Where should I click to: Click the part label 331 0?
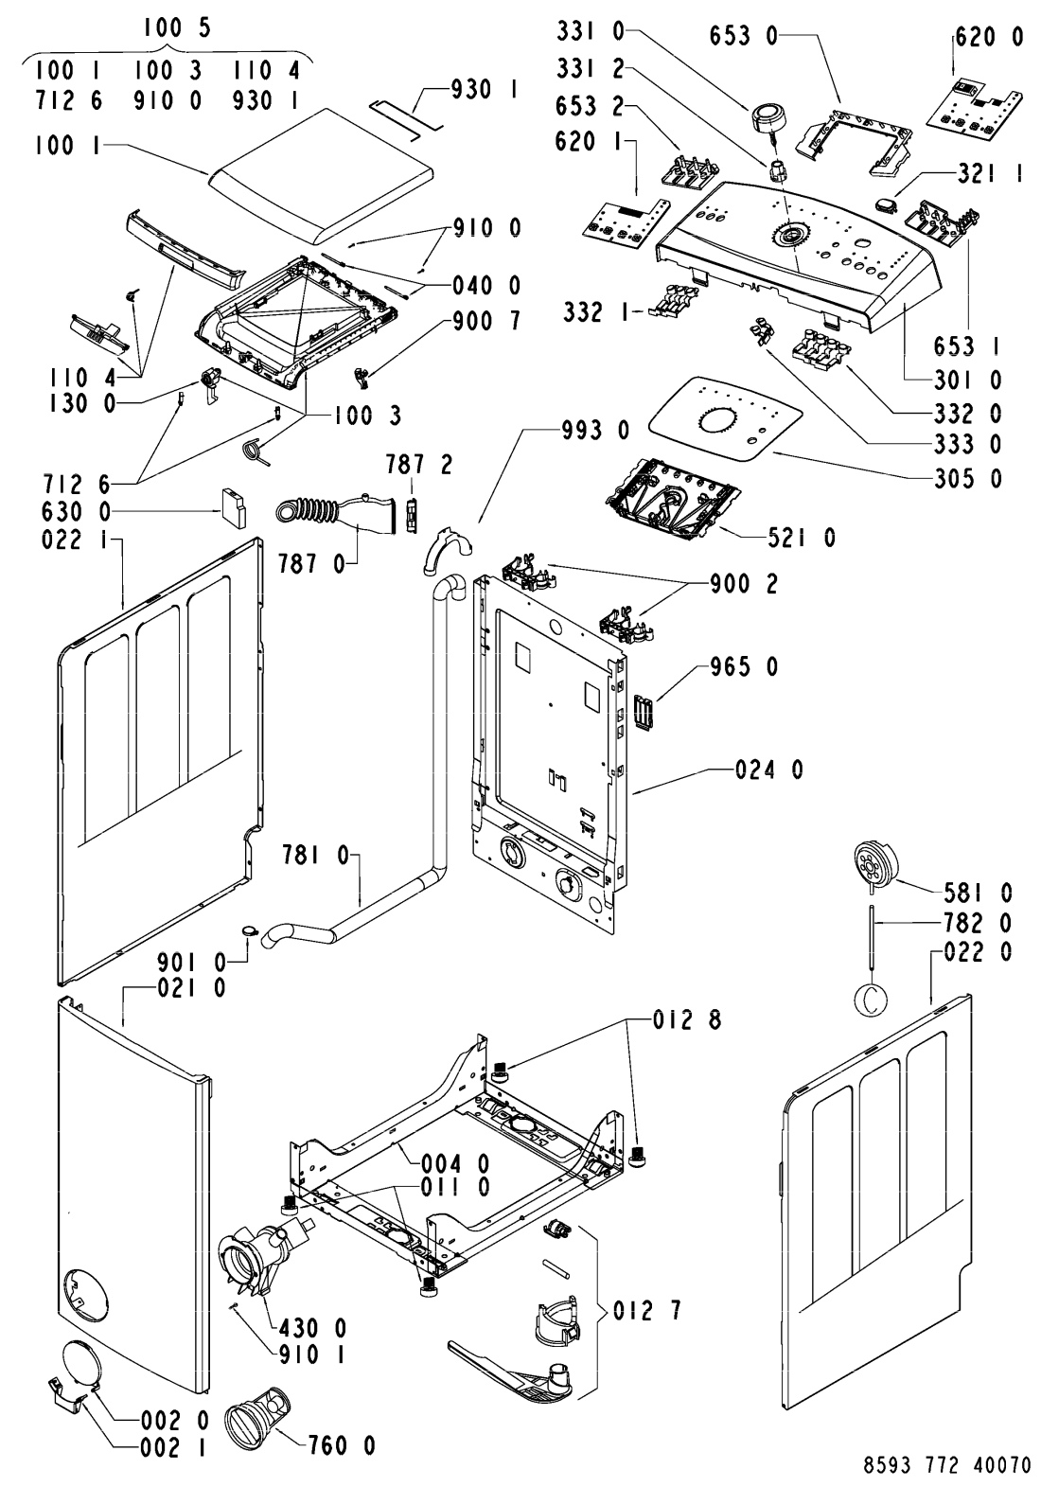point(591,31)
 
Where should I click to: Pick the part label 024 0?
point(768,770)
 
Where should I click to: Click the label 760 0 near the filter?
point(342,1445)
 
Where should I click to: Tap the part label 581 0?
point(979,893)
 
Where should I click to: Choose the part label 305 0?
point(968,479)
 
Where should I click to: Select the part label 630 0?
point(76,512)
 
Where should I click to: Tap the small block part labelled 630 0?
point(233,507)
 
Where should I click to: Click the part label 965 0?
point(744,665)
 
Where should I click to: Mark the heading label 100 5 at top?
point(177,28)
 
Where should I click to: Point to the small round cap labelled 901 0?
point(249,930)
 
